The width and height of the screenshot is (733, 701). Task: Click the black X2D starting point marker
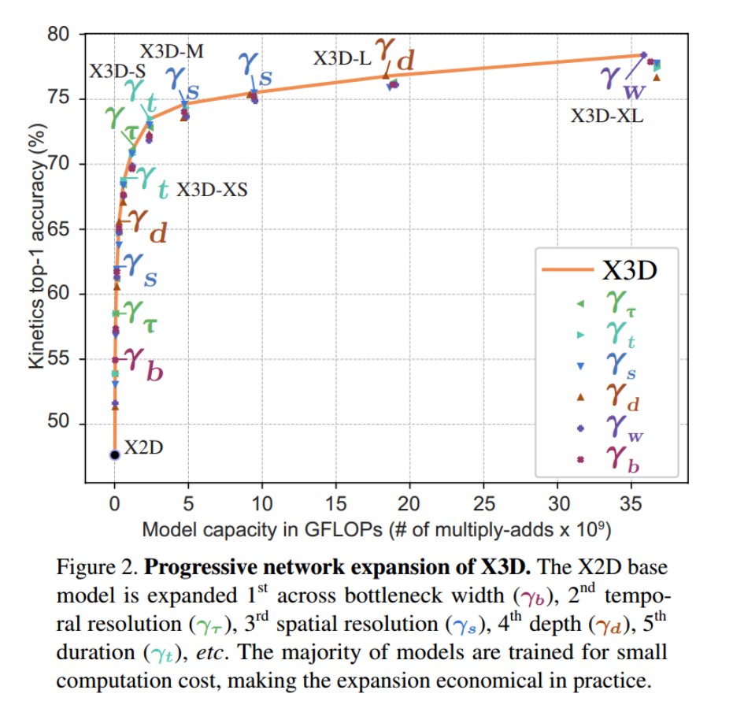tap(114, 454)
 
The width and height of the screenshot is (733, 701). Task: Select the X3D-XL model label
tap(607, 117)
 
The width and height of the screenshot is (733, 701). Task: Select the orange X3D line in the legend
tap(567, 270)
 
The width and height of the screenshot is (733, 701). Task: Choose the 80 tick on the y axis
tap(81, 35)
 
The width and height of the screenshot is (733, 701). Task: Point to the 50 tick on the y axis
tap(81, 424)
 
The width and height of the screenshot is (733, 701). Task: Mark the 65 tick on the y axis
tap(81, 229)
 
